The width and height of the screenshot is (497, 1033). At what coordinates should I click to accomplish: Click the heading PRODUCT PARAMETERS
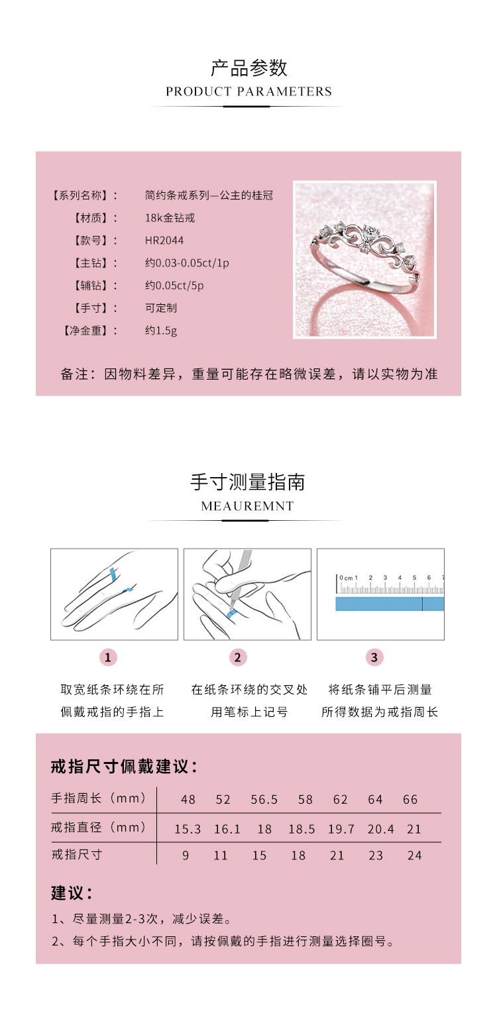[248, 91]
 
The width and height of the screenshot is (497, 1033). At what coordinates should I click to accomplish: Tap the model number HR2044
[164, 241]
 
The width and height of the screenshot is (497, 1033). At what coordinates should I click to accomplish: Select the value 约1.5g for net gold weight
[161, 330]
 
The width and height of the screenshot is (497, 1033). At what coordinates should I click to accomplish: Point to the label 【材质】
[95, 218]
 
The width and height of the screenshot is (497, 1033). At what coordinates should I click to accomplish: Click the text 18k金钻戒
[170, 218]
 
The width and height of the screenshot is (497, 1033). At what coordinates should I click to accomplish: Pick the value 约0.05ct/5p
[174, 286]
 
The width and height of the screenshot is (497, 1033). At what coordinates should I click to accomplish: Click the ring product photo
[364, 260]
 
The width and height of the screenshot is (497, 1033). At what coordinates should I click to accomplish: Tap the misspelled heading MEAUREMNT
[247, 506]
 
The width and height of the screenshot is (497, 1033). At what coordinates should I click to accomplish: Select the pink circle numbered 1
[108, 657]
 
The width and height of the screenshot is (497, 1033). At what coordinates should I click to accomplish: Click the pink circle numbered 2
[238, 657]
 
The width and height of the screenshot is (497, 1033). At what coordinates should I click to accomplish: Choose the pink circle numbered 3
[374, 657]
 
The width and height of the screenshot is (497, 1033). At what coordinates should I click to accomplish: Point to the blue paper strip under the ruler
[389, 604]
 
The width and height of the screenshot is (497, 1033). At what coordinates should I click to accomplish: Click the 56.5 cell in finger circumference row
[264, 800]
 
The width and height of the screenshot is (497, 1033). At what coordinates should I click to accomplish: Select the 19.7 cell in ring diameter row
[341, 829]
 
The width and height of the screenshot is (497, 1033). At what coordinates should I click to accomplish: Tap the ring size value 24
[415, 855]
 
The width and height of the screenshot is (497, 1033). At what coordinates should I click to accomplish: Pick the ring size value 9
[186, 855]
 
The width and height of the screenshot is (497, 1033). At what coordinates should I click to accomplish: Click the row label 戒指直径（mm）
[99, 828]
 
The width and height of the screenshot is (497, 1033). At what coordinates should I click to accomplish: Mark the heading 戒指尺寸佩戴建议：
[124, 767]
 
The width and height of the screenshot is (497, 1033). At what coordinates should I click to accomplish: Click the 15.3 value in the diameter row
[188, 829]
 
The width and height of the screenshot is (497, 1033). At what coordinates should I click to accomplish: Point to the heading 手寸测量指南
[248, 482]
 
